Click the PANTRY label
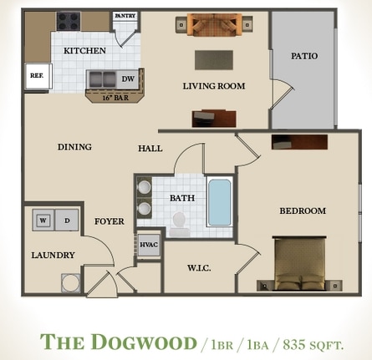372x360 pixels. coord(125,16)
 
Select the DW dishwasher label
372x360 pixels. coord(128,79)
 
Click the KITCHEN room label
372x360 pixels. coord(84,50)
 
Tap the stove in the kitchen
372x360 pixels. coord(68,20)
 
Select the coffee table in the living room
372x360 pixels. coord(213,60)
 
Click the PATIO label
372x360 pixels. coord(303,56)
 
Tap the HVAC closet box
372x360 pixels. coord(148,244)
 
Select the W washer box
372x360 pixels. coord(43,221)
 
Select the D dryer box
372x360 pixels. coord(66,221)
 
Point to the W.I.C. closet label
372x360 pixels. coord(198,268)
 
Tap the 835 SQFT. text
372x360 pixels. coord(313,343)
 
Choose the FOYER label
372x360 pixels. coord(110,221)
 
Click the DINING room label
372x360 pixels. coord(74,147)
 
